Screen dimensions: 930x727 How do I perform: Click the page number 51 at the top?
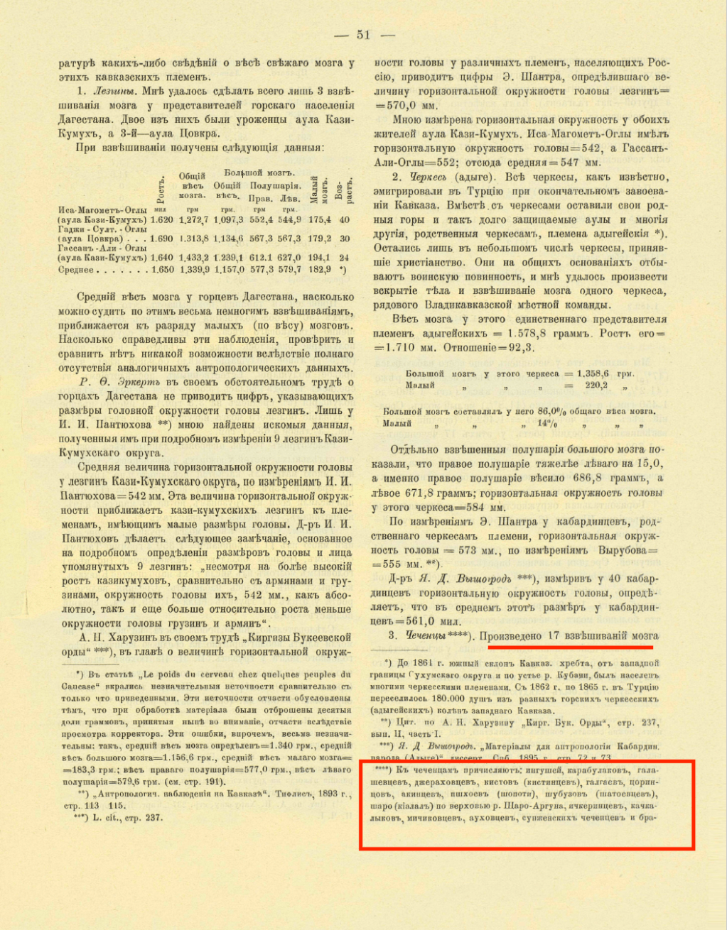[363, 35]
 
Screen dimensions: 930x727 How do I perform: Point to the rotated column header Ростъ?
[161, 190]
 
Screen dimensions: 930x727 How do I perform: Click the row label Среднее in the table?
[77, 270]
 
